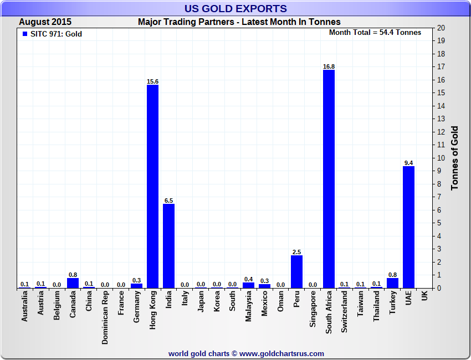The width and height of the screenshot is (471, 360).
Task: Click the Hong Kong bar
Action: pos(152,186)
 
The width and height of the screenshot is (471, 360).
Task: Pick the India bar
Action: pos(168,245)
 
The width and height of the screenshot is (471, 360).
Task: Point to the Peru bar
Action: pos(297,271)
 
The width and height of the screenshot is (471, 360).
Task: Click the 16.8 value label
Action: pos(329,66)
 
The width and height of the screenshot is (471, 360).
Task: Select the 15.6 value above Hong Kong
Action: pos(152,81)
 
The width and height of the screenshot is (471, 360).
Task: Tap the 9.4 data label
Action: pos(409,163)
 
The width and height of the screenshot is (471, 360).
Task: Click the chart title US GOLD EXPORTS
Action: pos(235,8)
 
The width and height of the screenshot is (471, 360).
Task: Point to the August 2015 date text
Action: pos(45,22)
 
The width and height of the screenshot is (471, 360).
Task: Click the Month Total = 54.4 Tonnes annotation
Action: pos(375,32)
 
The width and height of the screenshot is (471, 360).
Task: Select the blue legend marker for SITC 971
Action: pos(24,34)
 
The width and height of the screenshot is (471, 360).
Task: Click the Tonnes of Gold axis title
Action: pos(455,158)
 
